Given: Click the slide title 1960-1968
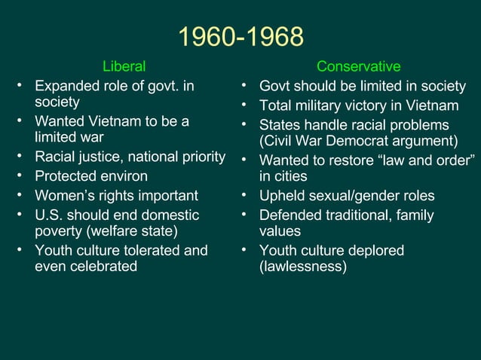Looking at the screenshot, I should [x=240, y=37].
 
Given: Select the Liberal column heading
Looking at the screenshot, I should [x=124, y=67].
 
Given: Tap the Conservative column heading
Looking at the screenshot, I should [x=358, y=67].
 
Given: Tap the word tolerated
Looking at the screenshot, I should [x=154, y=250].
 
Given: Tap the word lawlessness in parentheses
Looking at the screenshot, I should [x=303, y=266].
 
